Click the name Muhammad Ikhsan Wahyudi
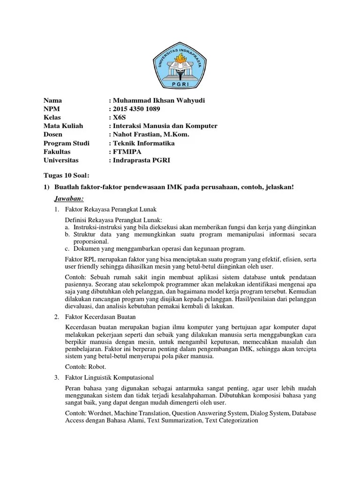160,101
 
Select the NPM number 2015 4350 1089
136,109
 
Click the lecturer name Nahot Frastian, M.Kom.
151,135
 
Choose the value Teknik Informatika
143,143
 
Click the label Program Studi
67,143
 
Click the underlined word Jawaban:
69,199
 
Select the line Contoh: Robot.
86,367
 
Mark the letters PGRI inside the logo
180,84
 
